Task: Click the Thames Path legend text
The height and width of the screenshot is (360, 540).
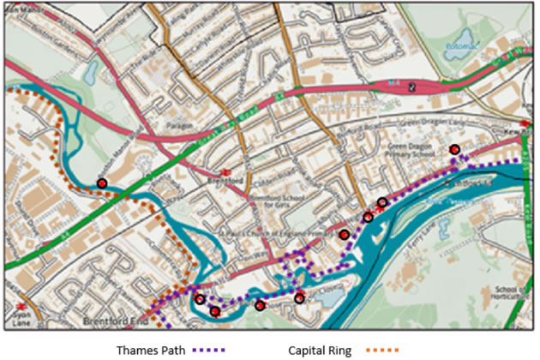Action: click(x=150, y=350)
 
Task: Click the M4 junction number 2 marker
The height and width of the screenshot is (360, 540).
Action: click(x=413, y=87)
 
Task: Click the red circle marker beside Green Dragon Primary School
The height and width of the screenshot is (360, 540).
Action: click(x=455, y=150)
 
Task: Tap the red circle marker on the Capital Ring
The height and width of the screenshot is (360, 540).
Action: click(x=102, y=183)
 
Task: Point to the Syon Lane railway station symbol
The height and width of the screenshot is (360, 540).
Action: click(x=20, y=304)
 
